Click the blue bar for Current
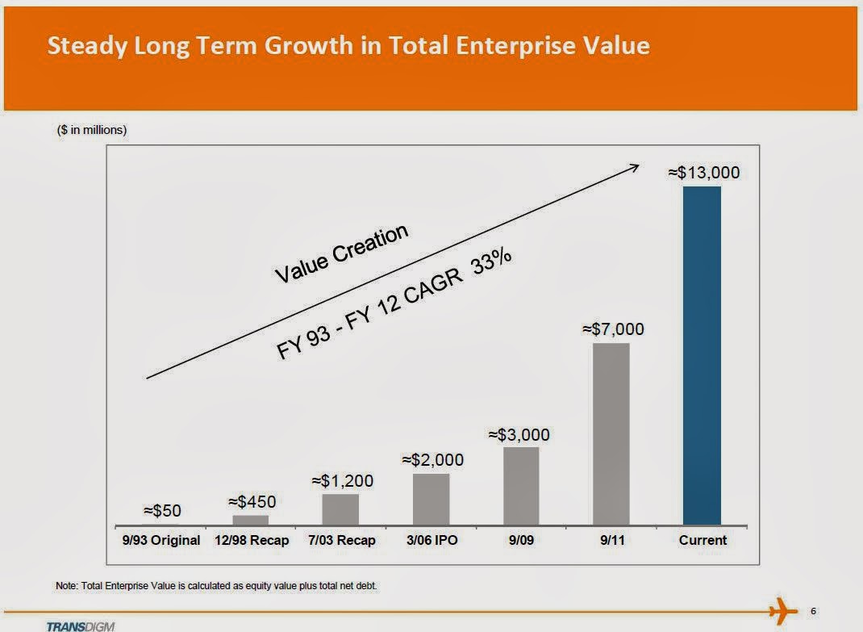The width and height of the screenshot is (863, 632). coord(702,355)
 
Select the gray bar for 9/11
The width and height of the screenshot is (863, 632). coord(611,434)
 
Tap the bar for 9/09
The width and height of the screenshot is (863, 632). coord(521,486)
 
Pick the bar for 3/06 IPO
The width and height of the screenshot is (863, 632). coord(431,499)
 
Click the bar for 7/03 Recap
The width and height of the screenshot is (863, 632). coord(340,509)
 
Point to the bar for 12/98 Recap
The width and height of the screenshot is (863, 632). coord(250,520)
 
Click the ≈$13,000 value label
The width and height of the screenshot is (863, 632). coord(703,172)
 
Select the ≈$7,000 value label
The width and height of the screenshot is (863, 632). coord(613,329)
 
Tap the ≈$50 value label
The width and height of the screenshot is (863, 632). coord(162,510)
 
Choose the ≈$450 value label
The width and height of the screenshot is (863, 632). coord(252,501)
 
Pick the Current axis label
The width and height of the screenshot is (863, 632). coord(702,540)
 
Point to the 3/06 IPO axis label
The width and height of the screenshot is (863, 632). coord(431,540)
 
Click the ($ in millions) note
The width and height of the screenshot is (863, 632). coord(92,130)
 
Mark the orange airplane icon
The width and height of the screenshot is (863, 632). coord(780,611)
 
